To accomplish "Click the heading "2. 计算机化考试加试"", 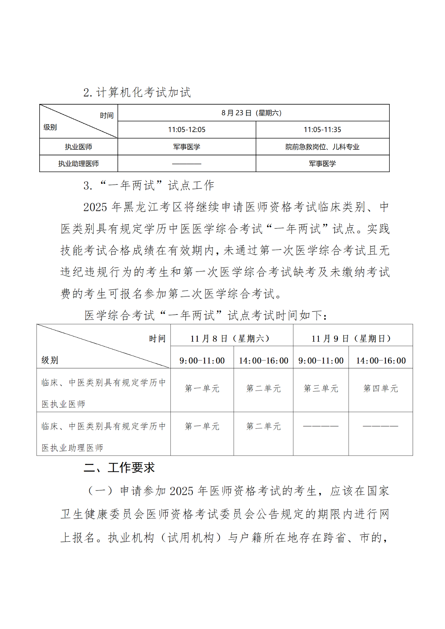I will click(137, 92).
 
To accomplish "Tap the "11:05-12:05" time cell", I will click(187, 130).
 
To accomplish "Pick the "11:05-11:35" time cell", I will click(322, 130).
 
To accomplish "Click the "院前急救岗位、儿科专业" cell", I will click(322, 147).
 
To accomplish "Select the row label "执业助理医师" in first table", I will click(78, 164).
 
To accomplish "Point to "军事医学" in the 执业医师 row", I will click(187, 147).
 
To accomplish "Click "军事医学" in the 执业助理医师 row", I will click(322, 164).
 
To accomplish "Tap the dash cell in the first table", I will click(187, 164).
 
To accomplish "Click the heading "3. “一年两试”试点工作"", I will click(149, 186).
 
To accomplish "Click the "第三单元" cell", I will click(321, 389).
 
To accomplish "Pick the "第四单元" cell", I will click(381, 389).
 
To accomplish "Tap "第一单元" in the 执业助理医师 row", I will click(202, 426).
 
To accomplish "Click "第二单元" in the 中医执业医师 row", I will click(263, 389).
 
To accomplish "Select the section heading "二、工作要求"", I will click(119, 468).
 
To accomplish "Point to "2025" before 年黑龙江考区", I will click(95, 207).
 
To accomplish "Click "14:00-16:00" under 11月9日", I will click(381, 361).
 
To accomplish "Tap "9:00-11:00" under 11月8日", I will click(202, 361).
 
